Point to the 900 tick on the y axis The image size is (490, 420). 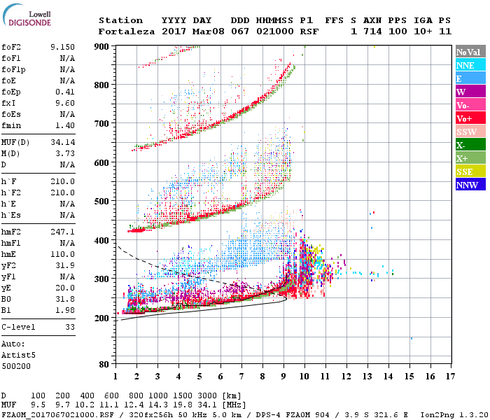[102, 47]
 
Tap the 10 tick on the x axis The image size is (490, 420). [304, 377]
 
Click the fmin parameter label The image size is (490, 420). [12, 125]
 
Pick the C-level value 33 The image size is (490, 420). [69, 326]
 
